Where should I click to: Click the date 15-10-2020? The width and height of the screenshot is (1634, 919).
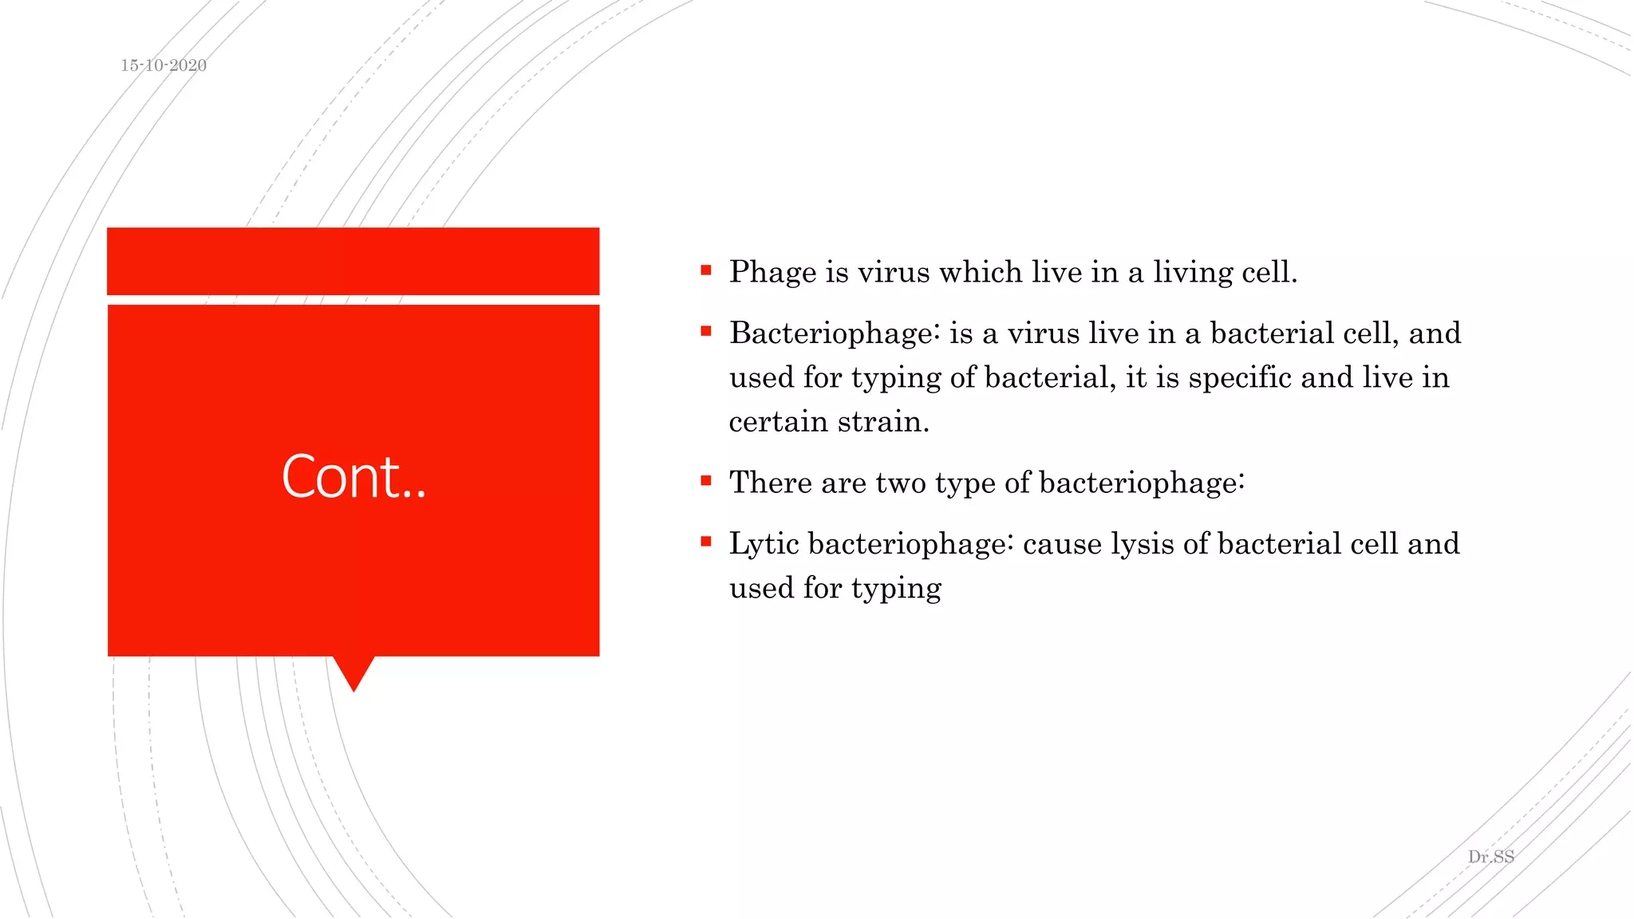coord(164,65)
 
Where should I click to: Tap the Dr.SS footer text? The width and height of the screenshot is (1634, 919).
coord(1490,857)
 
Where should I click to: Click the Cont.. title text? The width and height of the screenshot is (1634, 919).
coord(353,477)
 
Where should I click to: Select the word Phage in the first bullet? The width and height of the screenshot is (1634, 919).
coord(772,273)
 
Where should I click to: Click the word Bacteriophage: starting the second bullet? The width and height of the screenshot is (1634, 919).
coord(835,333)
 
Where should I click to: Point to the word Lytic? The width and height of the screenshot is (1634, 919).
coord(764,545)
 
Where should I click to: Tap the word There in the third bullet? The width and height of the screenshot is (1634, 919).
coord(770,483)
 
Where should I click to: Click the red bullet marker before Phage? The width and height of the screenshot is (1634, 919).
coord(706,270)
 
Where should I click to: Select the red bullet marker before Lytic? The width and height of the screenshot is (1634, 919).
coord(706,542)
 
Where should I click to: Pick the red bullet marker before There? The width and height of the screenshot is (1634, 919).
coord(706,481)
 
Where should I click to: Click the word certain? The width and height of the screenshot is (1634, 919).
coord(778,421)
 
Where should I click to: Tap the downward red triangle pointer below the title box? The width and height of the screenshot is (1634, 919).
coord(353,672)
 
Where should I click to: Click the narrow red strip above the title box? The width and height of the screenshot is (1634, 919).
coord(353,261)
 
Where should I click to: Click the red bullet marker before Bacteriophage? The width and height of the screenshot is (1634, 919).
coord(706,331)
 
